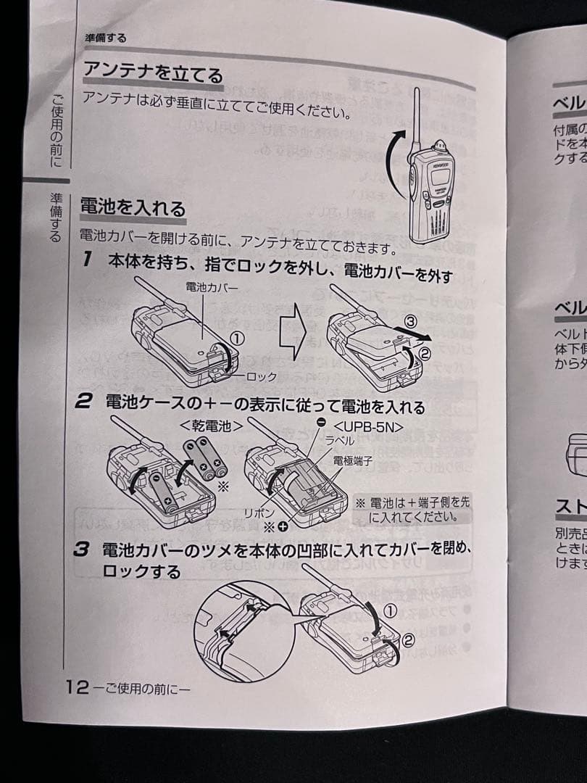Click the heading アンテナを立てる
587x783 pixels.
pos(152,71)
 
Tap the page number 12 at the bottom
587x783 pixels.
pos(77,687)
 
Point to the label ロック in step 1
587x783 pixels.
pos(262,376)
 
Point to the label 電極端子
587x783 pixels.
pos(352,460)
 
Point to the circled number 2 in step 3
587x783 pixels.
pos(408,639)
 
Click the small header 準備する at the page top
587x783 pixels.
pos(106,38)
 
